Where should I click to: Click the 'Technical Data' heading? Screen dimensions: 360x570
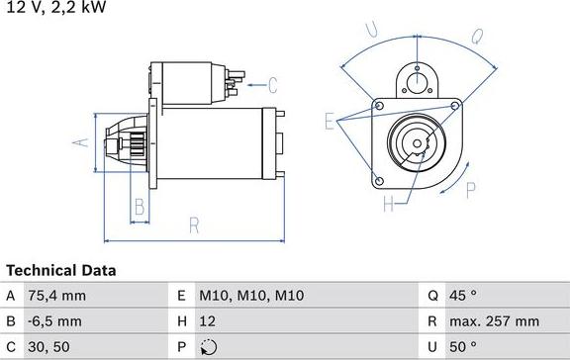click(60, 270)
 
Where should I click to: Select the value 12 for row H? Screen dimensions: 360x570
click(208, 321)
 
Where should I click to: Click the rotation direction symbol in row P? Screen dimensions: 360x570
click(207, 347)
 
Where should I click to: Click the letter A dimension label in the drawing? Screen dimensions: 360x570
click(82, 141)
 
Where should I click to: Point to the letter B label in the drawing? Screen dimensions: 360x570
click(140, 207)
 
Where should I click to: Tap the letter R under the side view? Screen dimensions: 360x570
click(195, 225)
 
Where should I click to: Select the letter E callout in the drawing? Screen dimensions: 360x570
click(330, 122)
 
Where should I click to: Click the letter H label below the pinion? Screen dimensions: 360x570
click(388, 205)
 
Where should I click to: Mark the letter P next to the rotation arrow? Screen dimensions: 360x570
click(471, 190)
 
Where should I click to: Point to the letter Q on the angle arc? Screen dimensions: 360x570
click(476, 38)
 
